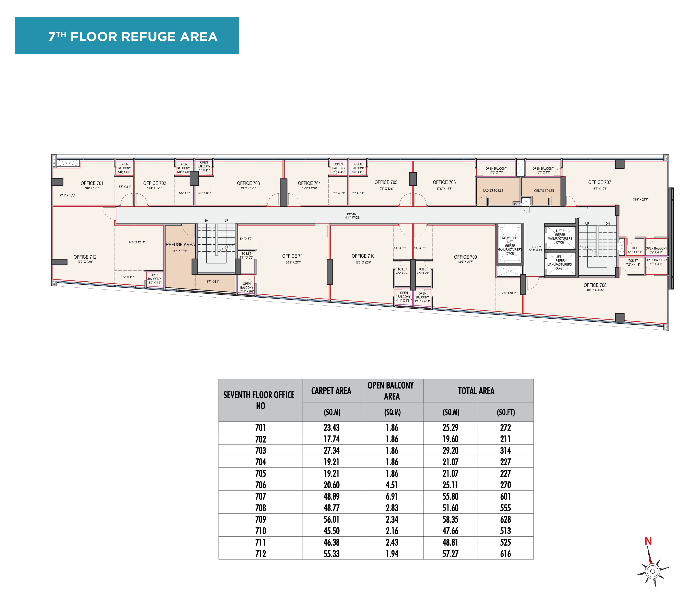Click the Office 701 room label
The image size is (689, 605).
click(92, 183)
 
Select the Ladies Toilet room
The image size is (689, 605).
click(498, 191)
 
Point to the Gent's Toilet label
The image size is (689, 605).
click(544, 191)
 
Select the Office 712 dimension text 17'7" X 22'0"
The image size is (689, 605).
click(85, 262)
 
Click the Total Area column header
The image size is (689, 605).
click(476, 391)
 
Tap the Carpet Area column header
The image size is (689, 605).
click(331, 391)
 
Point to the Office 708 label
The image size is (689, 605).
click(595, 285)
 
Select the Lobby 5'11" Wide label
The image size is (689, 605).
click(536, 249)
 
